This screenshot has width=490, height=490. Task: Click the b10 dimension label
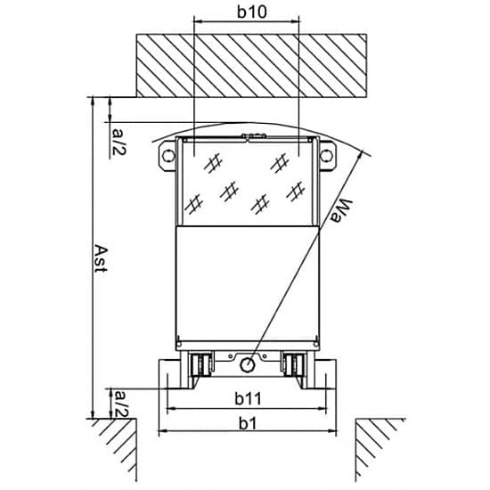pyautogui.click(x=251, y=12)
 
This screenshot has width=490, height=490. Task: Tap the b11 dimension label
pyautogui.click(x=248, y=398)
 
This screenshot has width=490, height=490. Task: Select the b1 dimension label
pyautogui.click(x=248, y=423)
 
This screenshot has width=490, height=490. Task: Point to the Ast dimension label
pyautogui.click(x=101, y=258)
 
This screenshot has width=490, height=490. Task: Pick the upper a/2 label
pyautogui.click(x=119, y=143)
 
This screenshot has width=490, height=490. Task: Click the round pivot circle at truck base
pyautogui.click(x=247, y=364)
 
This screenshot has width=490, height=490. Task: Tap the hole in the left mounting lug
pyautogui.click(x=168, y=155)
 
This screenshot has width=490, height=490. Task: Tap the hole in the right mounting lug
pyautogui.click(x=326, y=155)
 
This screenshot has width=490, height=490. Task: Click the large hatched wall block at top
pyautogui.click(x=251, y=66)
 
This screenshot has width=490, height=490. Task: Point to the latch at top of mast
pyautogui.click(x=253, y=136)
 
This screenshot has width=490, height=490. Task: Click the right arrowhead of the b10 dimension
pyautogui.click(x=295, y=21)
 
